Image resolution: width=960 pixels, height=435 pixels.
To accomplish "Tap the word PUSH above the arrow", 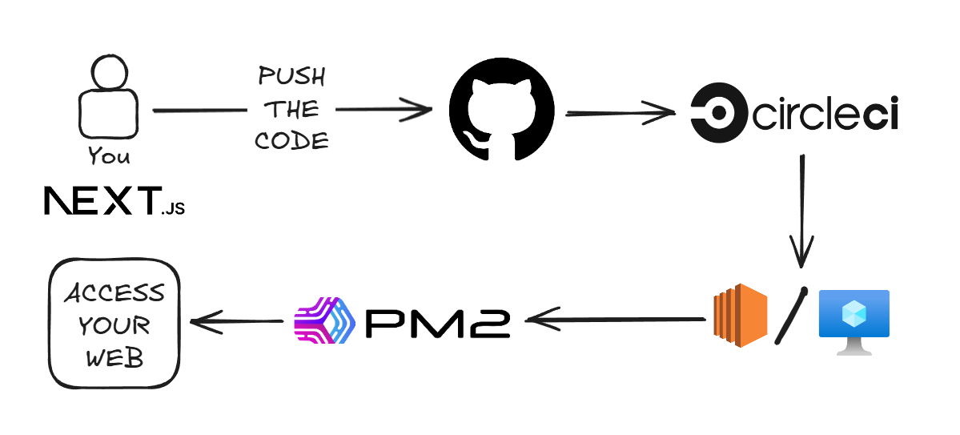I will (x=291, y=78).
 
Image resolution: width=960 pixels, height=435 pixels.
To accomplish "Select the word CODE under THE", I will (x=291, y=141).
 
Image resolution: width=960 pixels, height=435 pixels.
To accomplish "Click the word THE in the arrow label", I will (x=291, y=109).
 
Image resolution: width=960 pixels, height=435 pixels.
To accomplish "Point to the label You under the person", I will (x=109, y=155).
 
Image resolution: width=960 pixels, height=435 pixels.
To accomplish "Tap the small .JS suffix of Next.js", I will (x=173, y=210).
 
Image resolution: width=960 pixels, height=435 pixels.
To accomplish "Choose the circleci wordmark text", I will (x=825, y=115).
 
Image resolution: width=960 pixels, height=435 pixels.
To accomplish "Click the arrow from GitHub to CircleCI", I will (x=621, y=113).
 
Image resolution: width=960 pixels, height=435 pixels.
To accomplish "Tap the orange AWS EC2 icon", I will (x=740, y=316).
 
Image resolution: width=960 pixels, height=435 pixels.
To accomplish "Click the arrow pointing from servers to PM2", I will (x=613, y=320).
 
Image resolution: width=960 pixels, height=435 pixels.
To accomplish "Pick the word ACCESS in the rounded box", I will (x=114, y=293).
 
